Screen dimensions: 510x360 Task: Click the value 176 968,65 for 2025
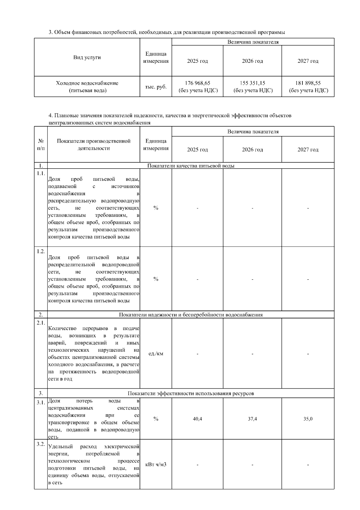tap(197, 83)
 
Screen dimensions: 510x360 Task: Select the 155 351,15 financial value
tap(252, 83)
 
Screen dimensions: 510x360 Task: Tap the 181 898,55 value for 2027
tap(308, 83)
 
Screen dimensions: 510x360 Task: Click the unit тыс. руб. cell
tap(156, 87)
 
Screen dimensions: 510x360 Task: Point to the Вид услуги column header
tap(87, 57)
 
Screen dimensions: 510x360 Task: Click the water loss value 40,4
tap(197, 419)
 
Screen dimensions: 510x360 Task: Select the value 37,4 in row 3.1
tap(252, 419)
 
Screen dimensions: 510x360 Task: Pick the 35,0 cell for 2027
tap(308, 419)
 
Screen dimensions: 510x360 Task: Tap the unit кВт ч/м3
tap(156, 465)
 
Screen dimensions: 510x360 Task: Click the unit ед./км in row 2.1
tap(156, 354)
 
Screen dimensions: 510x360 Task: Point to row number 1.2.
tap(41, 251)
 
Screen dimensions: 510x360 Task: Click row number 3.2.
tap(41, 445)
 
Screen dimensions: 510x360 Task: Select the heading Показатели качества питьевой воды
tap(191, 166)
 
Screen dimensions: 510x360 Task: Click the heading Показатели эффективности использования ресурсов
tap(191, 393)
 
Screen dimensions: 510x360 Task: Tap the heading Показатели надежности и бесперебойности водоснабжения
tap(191, 315)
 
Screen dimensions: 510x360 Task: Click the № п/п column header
tap(41, 145)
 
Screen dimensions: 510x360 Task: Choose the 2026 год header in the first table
tap(252, 61)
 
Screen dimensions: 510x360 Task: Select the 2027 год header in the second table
tap(308, 150)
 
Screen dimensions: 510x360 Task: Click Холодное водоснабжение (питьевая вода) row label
tap(87, 87)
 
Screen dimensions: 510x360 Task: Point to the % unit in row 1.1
tap(156, 208)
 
